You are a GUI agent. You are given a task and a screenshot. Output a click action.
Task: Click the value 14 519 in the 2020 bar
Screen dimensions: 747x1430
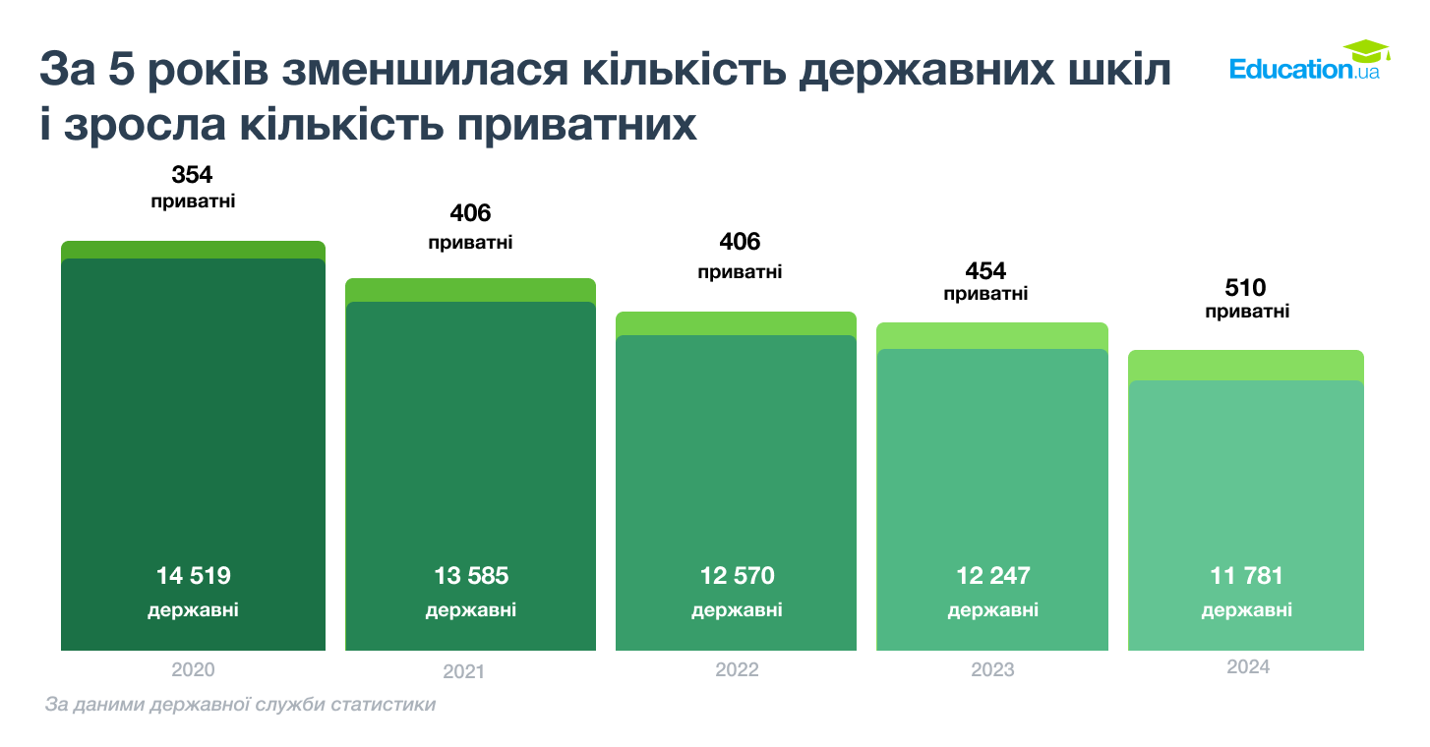(193, 576)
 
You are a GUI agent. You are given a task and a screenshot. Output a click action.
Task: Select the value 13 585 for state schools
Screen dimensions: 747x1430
(471, 576)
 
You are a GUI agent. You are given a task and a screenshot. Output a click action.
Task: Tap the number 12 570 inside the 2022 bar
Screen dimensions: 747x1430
(737, 576)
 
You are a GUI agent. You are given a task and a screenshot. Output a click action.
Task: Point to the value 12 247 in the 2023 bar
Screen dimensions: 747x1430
(992, 576)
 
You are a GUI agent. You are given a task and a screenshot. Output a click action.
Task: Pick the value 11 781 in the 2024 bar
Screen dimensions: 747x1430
(1246, 576)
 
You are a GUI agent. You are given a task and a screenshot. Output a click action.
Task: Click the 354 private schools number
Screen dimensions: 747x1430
(192, 176)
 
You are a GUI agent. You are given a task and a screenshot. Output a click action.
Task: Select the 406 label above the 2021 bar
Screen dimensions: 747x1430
(470, 213)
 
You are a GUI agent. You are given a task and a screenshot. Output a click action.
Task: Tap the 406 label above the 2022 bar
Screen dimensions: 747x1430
(740, 242)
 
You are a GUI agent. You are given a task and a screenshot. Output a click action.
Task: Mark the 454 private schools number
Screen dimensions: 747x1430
(985, 271)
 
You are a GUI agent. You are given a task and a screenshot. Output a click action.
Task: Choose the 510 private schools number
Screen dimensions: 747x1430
(1246, 288)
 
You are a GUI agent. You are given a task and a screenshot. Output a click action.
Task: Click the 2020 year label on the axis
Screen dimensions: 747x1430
(193, 669)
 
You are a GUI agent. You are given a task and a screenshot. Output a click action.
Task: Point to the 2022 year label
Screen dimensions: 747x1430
(737, 670)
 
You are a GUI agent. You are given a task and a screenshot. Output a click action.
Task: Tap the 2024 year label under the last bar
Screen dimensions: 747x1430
(1247, 667)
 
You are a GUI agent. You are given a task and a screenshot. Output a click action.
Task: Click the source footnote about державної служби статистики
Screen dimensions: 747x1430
(240, 705)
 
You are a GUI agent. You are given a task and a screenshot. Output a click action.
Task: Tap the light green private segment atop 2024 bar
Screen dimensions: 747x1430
(1245, 365)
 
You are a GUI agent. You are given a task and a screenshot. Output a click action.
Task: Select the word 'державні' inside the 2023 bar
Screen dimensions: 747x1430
(992, 610)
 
